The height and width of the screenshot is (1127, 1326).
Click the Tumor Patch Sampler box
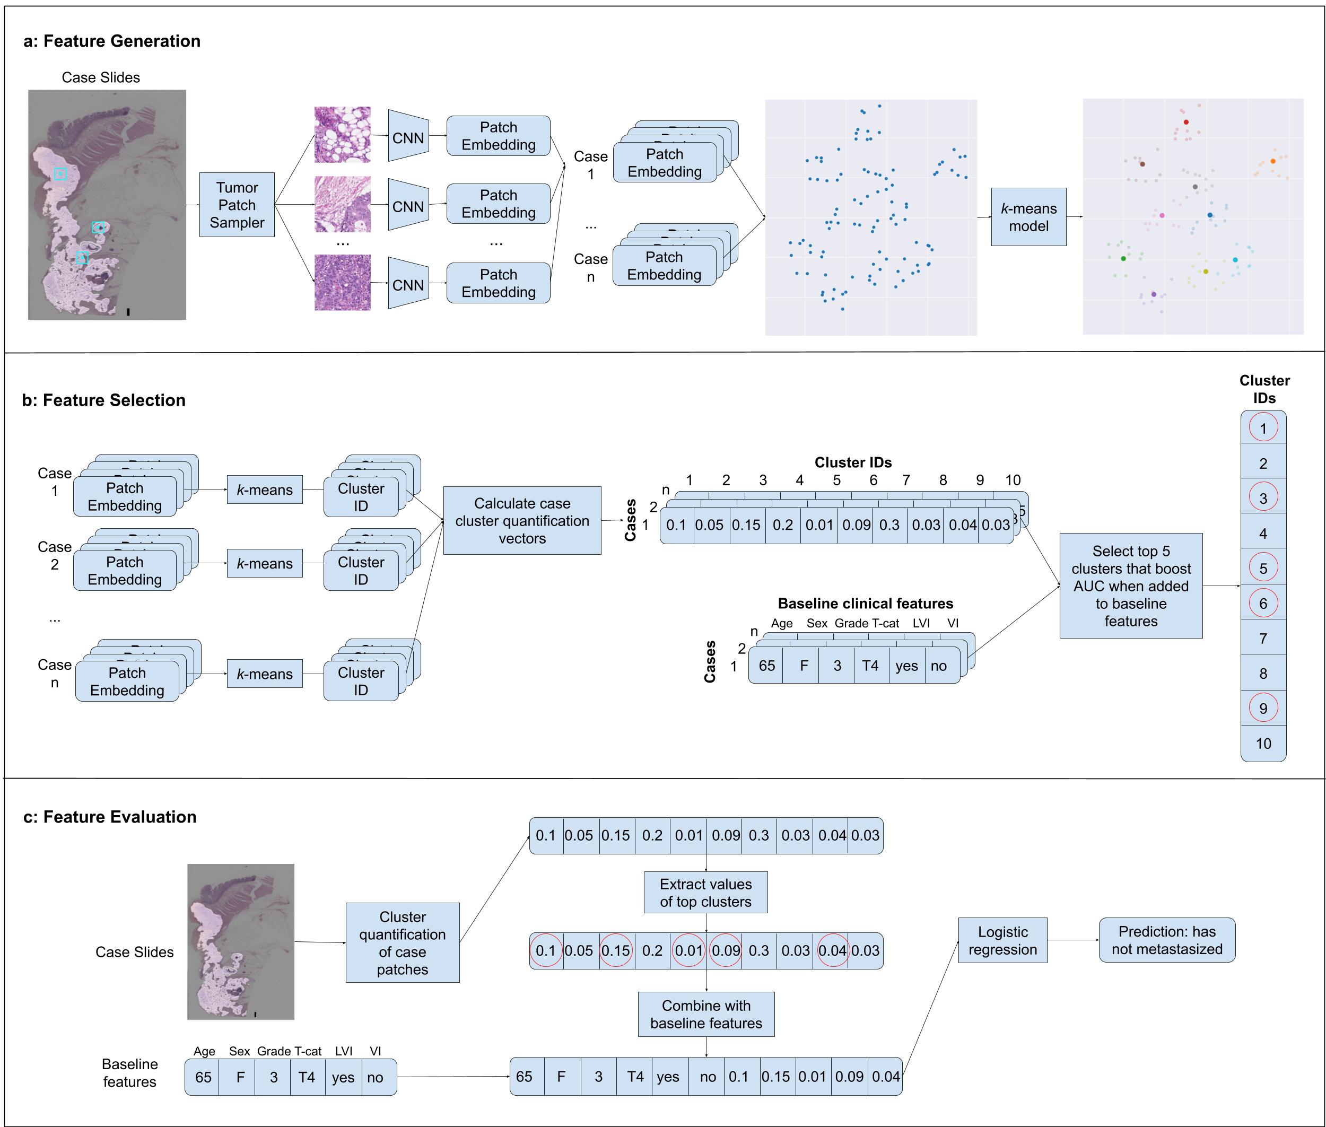[237, 205]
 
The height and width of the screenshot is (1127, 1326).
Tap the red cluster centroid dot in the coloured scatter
[1185, 122]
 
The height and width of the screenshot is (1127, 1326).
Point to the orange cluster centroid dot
[1272, 162]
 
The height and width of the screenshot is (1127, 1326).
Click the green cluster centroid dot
[1123, 259]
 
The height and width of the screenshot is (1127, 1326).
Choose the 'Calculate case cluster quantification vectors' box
[521, 521]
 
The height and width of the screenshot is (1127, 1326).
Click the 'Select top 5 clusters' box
[1130, 586]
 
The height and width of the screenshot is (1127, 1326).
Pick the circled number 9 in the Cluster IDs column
[1262, 708]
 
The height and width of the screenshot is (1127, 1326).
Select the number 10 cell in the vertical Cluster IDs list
[1262, 744]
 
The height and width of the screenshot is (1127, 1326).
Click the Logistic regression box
[1002, 940]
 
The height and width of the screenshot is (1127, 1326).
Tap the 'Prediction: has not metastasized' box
[1166, 940]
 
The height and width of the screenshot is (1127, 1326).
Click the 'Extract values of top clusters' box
[705, 893]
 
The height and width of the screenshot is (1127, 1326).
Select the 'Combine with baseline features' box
[705, 1015]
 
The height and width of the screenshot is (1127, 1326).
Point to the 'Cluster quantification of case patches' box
[402, 943]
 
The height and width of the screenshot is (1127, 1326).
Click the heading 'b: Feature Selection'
[103, 400]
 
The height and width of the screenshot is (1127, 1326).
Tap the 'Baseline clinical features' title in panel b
[865, 604]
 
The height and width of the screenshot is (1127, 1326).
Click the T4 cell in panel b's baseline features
[870, 666]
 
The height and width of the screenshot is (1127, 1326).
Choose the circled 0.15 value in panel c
[615, 951]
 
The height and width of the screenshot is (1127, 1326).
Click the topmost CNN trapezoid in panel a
[408, 137]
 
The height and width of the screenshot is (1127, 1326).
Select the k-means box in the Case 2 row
[264, 563]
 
